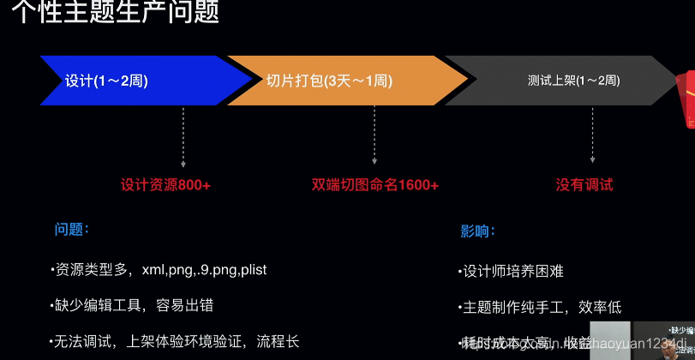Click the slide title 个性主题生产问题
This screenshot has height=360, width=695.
point(115,12)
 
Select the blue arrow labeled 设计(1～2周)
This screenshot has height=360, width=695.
point(107,81)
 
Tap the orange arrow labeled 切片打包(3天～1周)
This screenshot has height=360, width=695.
point(330,81)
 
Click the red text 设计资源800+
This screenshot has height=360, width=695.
point(165,184)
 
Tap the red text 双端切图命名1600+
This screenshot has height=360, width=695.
point(375,184)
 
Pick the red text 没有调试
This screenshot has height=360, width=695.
point(584,184)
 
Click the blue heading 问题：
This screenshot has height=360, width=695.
point(72,230)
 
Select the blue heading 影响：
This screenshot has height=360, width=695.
point(478,231)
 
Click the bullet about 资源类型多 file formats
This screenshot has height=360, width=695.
point(159,270)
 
